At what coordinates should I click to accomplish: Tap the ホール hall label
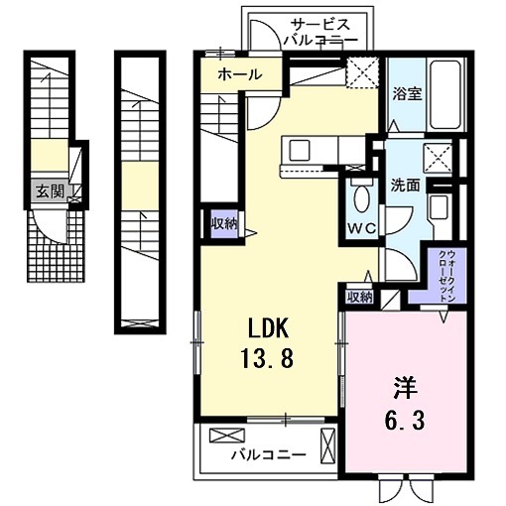pos(239,74)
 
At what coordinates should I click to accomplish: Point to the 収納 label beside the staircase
pos(223,222)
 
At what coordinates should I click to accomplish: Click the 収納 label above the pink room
pos(359,296)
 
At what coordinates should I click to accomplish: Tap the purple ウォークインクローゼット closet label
pos(443,275)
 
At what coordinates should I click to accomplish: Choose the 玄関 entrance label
pos(50,192)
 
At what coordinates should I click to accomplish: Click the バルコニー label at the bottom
pos(269,455)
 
